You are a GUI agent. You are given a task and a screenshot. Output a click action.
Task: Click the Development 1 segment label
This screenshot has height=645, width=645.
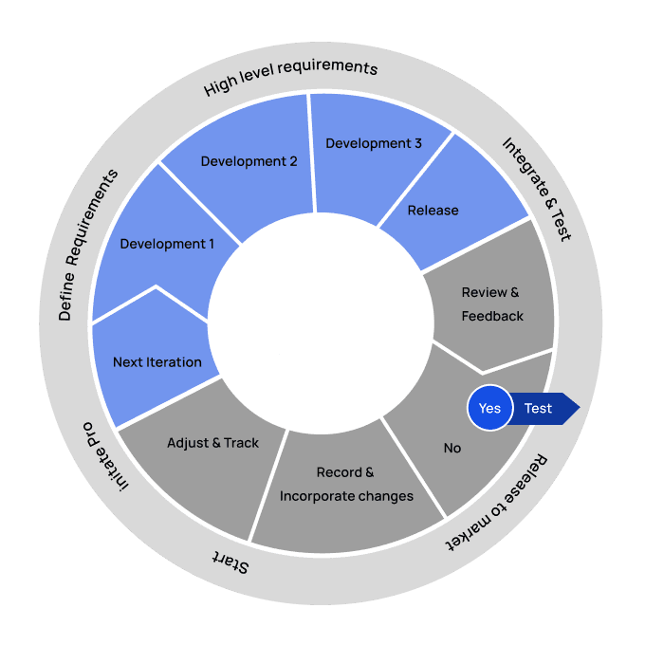tap(167, 244)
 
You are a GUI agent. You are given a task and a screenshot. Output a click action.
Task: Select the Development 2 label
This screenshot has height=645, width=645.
tap(249, 161)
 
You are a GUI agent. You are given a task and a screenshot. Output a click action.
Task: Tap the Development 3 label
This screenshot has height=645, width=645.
tap(374, 143)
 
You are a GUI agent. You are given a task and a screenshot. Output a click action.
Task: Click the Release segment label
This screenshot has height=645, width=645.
tap(433, 211)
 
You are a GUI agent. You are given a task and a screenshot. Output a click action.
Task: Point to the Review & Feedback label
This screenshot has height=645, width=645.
tap(491, 304)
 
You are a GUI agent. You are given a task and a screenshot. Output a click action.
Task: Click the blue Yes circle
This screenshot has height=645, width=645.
tap(489, 409)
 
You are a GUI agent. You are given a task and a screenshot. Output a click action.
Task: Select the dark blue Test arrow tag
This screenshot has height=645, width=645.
tap(541, 409)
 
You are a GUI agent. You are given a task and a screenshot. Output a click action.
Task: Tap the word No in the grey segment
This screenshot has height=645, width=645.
tap(452, 448)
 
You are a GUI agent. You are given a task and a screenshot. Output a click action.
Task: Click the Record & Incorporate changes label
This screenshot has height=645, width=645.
tap(346, 484)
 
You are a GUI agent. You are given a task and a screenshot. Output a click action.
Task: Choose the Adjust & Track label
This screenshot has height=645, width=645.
tap(212, 443)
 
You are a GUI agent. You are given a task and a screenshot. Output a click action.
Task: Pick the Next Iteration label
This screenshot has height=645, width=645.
tap(157, 361)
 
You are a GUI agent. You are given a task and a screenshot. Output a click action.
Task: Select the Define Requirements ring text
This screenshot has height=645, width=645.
tap(90, 245)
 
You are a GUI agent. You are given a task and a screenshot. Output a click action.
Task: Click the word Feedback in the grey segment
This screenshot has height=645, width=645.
tap(492, 316)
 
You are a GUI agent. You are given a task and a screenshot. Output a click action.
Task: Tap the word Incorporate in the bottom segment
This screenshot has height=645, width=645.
tap(314, 496)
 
